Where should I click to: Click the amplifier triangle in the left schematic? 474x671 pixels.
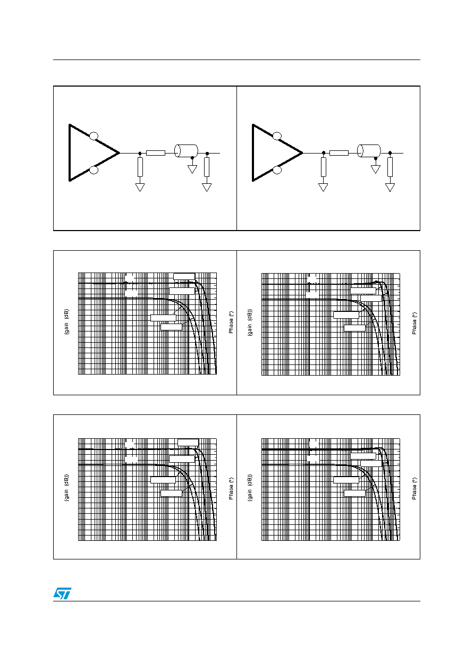(x=70, y=153)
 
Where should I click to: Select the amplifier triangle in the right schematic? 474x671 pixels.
(x=253, y=153)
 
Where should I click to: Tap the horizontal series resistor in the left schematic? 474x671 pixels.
(x=156, y=153)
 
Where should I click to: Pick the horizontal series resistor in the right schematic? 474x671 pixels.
(x=339, y=153)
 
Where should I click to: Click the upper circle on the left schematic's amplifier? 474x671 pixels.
(x=94, y=136)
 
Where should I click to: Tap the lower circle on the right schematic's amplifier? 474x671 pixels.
(x=277, y=170)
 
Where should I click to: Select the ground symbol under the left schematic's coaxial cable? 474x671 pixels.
(x=192, y=169)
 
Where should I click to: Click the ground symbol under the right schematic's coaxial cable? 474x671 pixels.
(x=375, y=169)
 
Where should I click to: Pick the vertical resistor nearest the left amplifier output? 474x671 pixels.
(x=140, y=167)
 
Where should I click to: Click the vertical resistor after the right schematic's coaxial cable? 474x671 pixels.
(x=390, y=167)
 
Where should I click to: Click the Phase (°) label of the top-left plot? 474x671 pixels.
(x=231, y=322)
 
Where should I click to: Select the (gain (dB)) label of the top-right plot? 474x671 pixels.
(x=250, y=322)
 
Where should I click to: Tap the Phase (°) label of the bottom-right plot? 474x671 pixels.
(x=414, y=488)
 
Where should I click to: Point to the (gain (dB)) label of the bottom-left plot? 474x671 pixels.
(x=66, y=488)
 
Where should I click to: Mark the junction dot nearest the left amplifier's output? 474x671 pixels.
(x=140, y=154)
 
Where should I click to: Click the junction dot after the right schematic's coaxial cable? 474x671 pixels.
(x=390, y=153)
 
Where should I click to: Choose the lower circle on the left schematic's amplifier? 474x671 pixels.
(x=94, y=170)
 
